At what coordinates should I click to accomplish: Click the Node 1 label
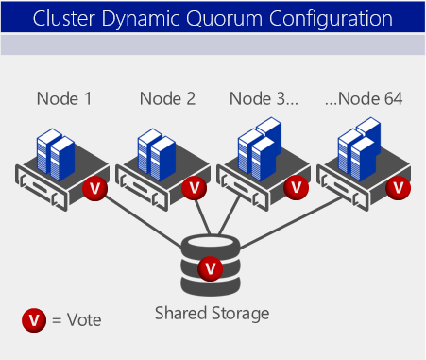(x=64, y=97)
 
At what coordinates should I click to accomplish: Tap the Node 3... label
(x=264, y=97)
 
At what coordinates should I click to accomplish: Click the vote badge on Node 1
(x=93, y=188)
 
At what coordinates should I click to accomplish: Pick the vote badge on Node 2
(x=195, y=188)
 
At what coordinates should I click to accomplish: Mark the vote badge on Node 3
(x=297, y=188)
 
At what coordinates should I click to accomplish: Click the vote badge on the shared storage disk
(x=211, y=270)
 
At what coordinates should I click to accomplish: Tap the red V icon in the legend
(x=34, y=319)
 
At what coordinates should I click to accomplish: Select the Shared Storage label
(x=213, y=313)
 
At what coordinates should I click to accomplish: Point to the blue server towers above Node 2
(x=157, y=151)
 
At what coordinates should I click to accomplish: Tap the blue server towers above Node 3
(x=259, y=146)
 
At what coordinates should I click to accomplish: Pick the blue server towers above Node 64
(x=360, y=146)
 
